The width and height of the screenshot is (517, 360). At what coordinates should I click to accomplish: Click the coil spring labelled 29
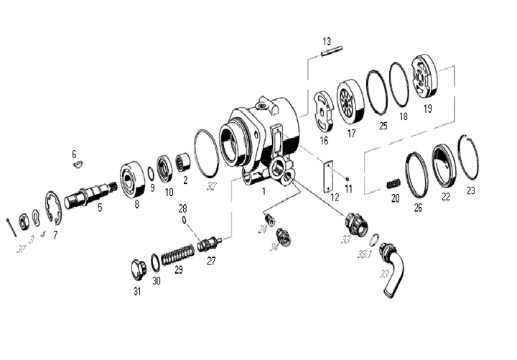[176, 254]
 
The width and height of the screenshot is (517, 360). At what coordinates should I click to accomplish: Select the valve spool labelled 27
[210, 243]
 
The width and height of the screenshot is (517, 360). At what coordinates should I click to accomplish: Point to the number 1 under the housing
[264, 192]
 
